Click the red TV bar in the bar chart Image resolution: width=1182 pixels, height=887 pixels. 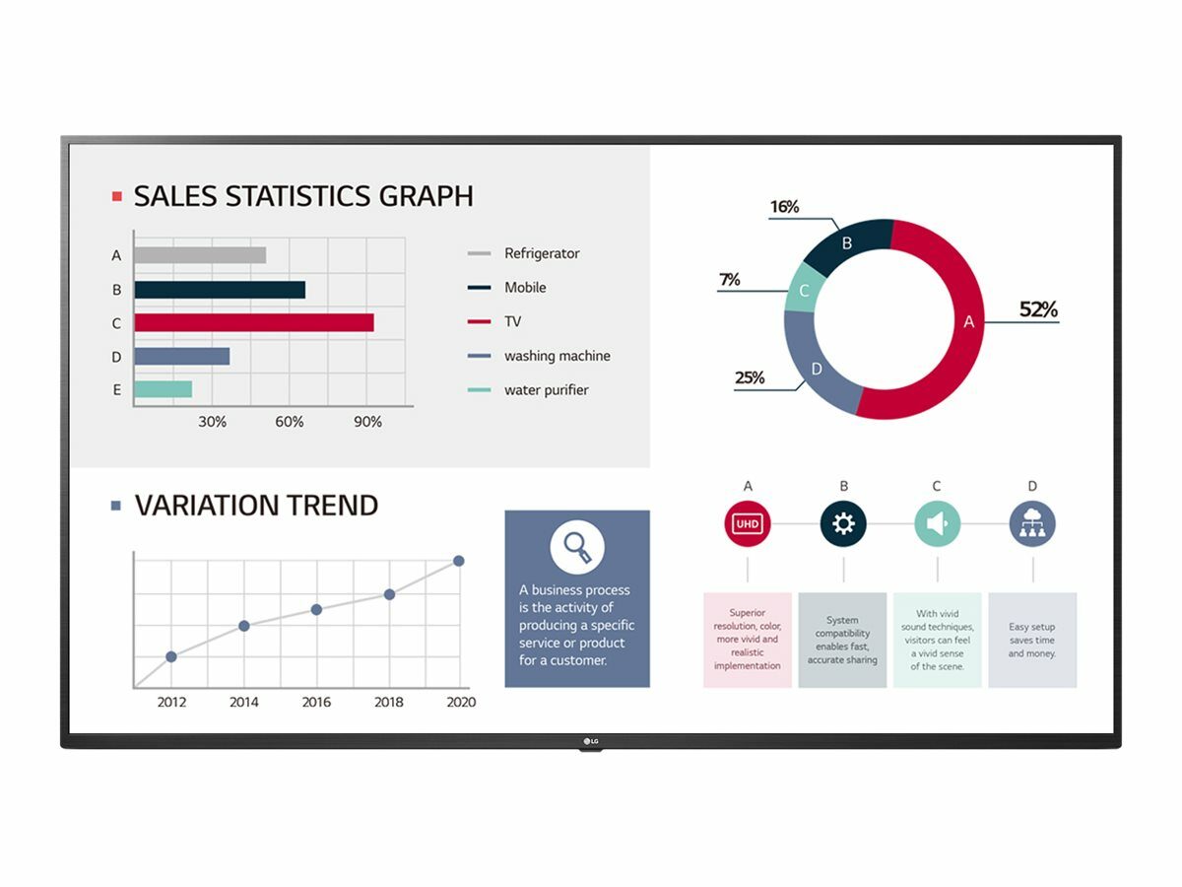point(254,322)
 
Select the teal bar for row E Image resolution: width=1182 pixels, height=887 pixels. point(163,389)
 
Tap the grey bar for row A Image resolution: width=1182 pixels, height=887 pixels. point(200,255)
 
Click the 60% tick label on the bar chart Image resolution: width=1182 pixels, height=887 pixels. point(289,422)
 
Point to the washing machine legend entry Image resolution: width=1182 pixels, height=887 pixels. point(557,356)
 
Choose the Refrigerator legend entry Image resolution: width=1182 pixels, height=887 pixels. point(542,253)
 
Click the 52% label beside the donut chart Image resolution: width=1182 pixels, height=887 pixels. point(1037,309)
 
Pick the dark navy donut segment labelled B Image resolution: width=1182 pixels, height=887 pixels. point(845,244)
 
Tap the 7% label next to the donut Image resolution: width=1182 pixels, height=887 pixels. point(729,280)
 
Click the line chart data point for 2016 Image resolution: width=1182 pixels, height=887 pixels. point(316,609)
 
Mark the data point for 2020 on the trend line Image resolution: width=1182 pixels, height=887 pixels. point(458,561)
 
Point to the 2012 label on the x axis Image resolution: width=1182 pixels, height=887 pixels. point(171,702)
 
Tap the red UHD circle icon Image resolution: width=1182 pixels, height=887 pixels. point(748,523)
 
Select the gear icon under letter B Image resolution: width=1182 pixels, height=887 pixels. point(843,523)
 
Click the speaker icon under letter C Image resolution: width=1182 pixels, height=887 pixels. point(937,523)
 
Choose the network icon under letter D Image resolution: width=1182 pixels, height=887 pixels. point(1032,523)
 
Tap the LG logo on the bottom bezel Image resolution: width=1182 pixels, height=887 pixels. point(591,741)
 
